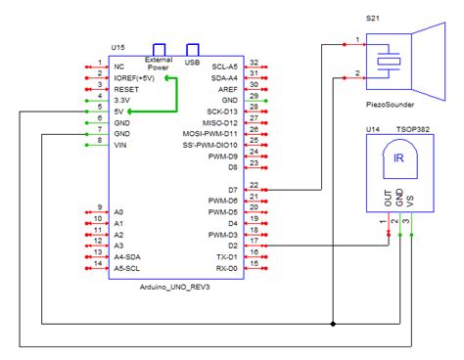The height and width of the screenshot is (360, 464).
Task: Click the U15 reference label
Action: (118, 46)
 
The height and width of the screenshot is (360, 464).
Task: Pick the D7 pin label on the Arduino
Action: (232, 188)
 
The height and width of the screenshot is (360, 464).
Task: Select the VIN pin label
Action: (121, 146)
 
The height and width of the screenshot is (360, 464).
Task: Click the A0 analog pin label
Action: (119, 211)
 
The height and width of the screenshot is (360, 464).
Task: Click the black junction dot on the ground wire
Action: (334, 323)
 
